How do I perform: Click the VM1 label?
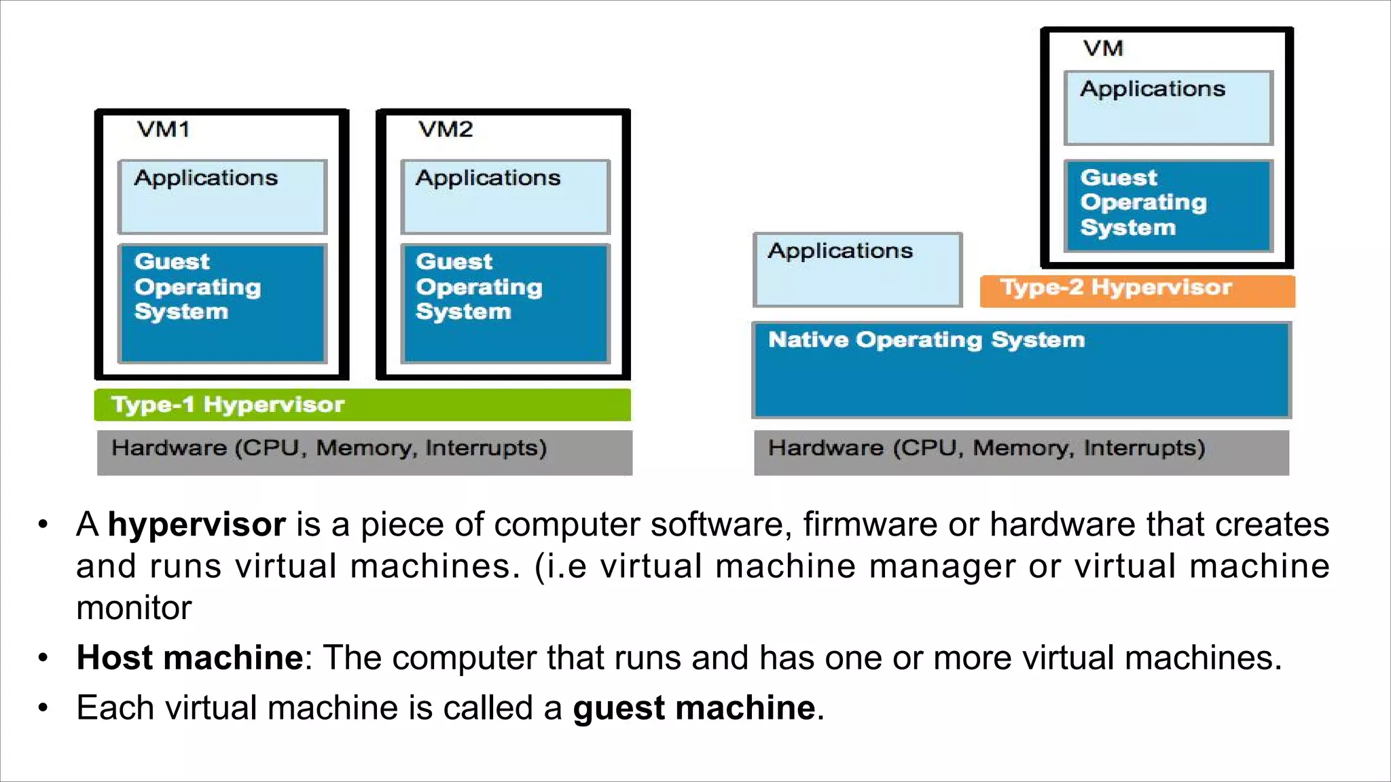coord(163,129)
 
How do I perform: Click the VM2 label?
coord(445,129)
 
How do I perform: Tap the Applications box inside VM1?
coord(222,197)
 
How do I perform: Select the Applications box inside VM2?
coord(505,197)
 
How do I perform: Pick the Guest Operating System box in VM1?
coord(222,303)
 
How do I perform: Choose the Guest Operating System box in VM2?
coord(505,303)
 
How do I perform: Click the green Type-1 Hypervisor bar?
coord(362,405)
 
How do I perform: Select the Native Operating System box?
coord(1022,370)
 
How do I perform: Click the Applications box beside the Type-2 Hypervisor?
coord(857,269)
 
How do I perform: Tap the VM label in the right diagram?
coord(1102,49)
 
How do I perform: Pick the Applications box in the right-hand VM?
coord(1168,107)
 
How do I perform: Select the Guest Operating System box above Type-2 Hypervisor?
coord(1168,205)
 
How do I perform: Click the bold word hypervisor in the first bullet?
coord(196,525)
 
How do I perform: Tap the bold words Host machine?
coord(189,657)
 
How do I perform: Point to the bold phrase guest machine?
coord(693,708)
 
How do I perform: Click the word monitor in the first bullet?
coord(134,608)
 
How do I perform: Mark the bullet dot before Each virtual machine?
coord(43,708)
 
